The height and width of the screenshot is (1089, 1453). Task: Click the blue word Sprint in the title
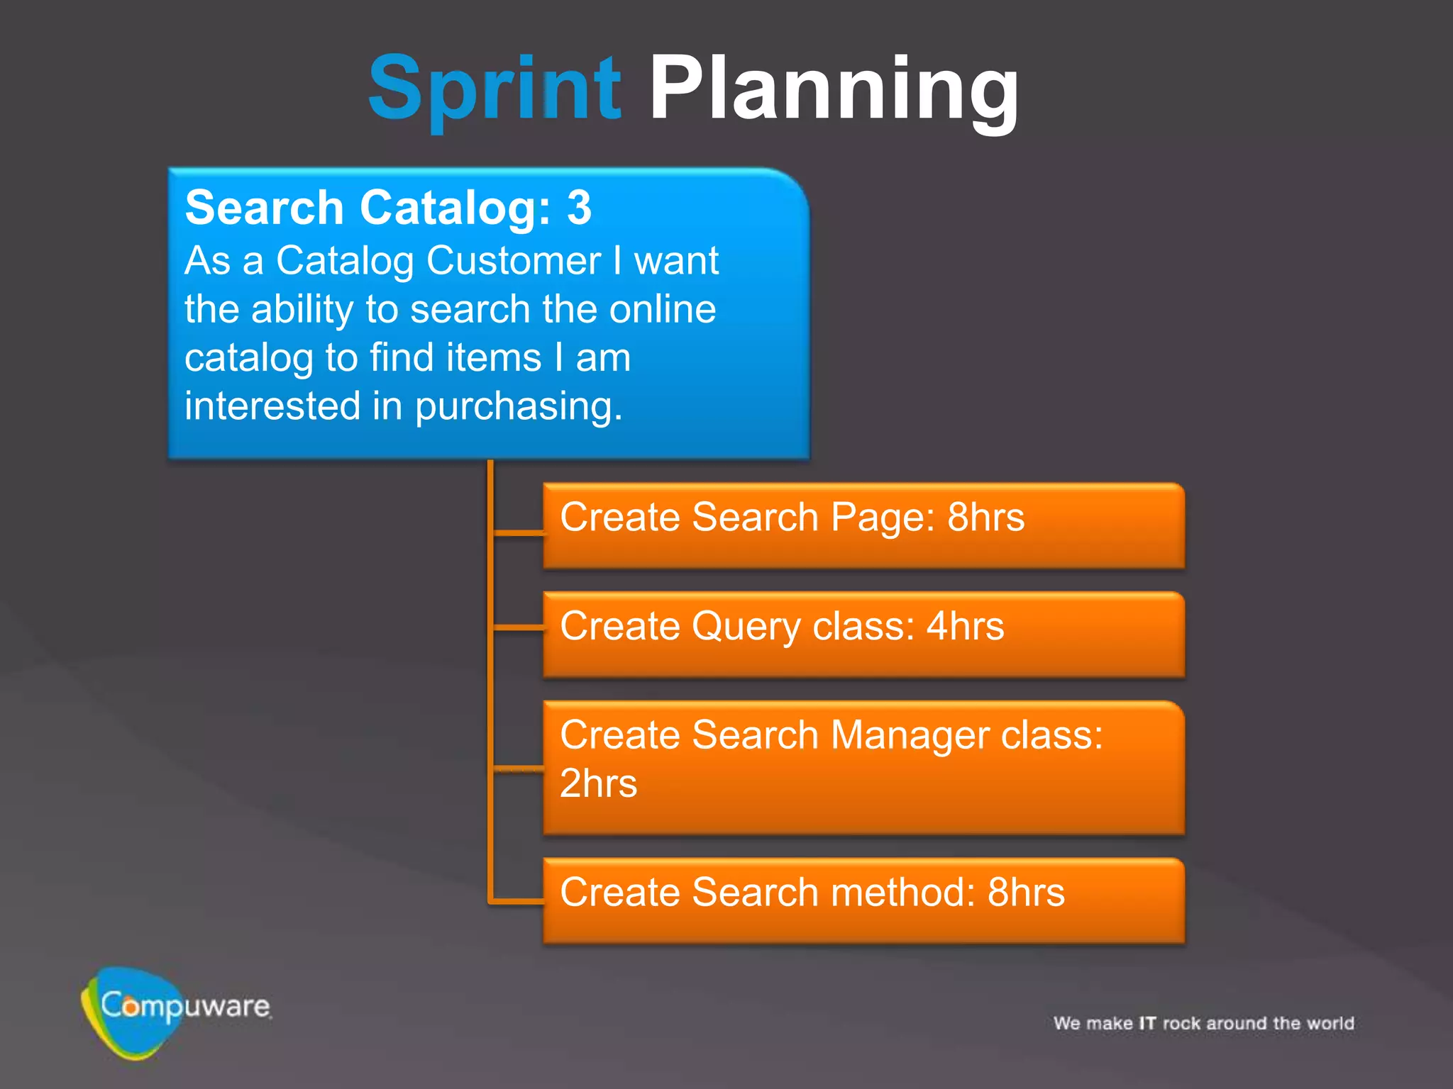[x=495, y=89]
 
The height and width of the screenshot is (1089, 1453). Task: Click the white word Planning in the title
[x=834, y=89]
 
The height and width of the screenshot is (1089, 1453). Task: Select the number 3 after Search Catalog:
[x=579, y=208]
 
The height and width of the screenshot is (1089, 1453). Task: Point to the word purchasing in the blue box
[x=519, y=406]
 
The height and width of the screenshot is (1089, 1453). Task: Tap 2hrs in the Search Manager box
[x=598, y=783]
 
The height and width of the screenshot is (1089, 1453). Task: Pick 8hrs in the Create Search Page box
[x=986, y=517]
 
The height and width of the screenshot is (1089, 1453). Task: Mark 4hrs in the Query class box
[x=966, y=626]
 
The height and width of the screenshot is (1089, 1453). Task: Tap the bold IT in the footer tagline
[x=1147, y=1023]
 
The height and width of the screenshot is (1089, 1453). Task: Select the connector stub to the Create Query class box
[x=518, y=627]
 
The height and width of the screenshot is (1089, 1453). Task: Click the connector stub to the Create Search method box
[x=518, y=901]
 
